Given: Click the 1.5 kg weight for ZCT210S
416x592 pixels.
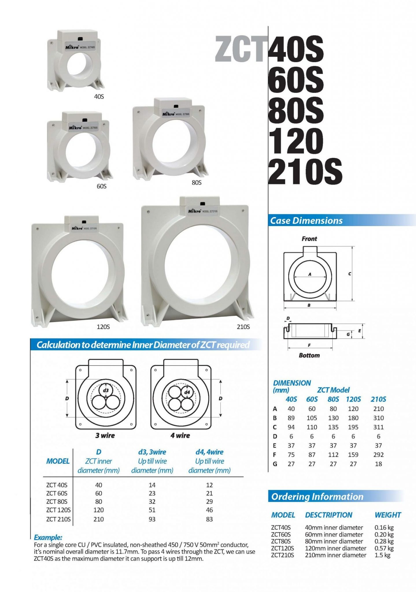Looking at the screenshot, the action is point(382,555).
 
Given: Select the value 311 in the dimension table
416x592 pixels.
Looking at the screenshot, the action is point(378,427).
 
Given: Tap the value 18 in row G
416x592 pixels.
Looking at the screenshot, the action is point(378,464).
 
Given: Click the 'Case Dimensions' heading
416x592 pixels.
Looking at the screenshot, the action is point(306,221).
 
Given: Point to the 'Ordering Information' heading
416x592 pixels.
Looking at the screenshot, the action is point(317,497).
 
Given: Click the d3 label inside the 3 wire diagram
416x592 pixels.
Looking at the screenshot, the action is point(106,391).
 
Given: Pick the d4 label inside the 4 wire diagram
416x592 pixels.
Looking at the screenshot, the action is point(187,392).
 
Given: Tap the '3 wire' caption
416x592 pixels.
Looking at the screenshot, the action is point(105,435).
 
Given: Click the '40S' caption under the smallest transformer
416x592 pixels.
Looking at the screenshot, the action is point(99,97).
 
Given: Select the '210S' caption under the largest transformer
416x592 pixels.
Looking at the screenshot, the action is point(243,327).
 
